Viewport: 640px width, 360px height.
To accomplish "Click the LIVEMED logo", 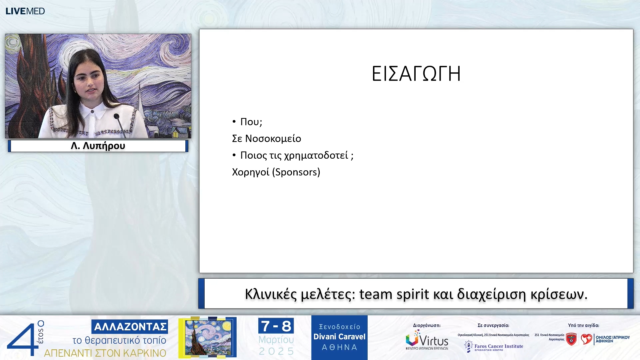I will (x=25, y=11).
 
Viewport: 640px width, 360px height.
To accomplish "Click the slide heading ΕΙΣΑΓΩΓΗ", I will (x=416, y=74).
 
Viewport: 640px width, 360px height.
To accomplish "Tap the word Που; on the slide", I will (x=251, y=122).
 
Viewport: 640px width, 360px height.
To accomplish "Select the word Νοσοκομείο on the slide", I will (x=273, y=138).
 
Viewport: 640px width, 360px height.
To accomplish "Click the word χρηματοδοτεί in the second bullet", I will (x=316, y=155).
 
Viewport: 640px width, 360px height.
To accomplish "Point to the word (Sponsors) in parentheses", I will (x=296, y=172).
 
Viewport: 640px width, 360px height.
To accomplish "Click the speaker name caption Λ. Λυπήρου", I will (x=98, y=146).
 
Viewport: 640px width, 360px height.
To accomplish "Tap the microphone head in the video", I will (x=116, y=116).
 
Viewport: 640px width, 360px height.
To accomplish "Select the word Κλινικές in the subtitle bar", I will (x=271, y=294).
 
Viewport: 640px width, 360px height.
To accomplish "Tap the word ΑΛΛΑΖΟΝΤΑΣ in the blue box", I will (x=130, y=327).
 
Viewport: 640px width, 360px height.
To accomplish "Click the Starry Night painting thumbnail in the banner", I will (x=208, y=338).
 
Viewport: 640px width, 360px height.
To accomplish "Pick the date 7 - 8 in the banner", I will (x=276, y=326).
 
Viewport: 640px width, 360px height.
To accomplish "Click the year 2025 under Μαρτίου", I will (x=276, y=351).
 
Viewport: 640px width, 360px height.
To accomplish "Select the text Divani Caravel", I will (x=339, y=337).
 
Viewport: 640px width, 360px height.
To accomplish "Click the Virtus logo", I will (x=427, y=340).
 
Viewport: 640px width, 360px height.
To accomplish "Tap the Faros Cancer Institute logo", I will (x=494, y=347).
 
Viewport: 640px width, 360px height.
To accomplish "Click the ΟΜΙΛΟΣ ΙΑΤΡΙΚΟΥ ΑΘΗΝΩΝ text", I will (x=612, y=339).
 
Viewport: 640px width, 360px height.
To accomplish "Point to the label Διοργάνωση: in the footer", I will (x=427, y=325).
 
